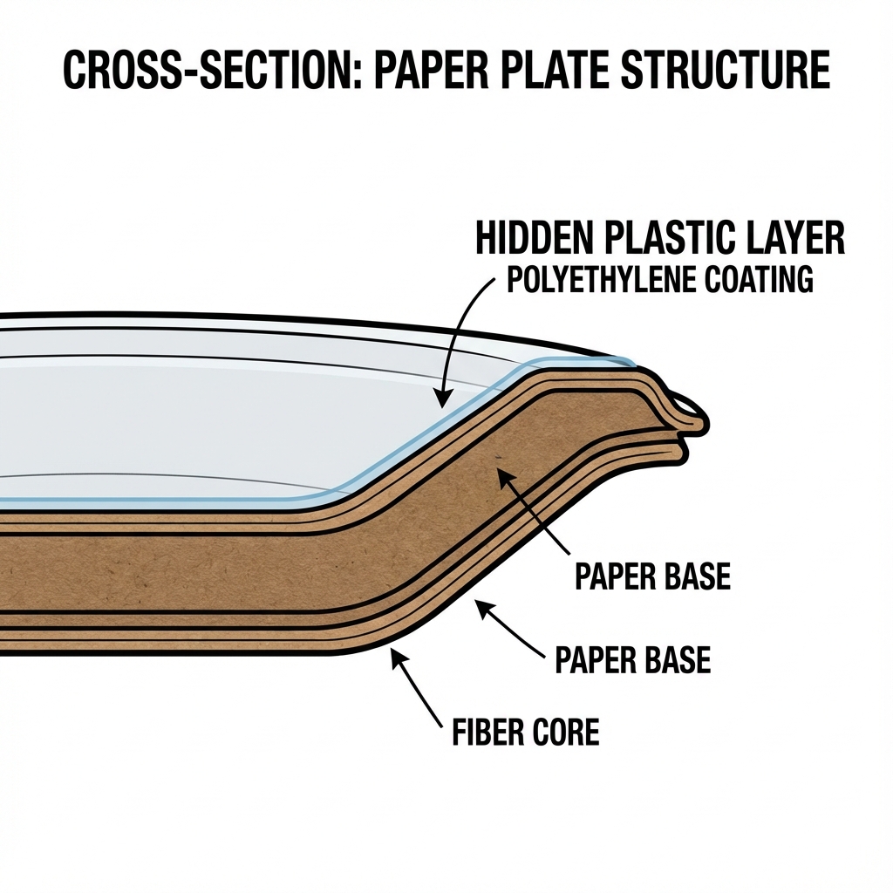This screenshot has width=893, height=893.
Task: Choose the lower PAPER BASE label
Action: tap(632, 659)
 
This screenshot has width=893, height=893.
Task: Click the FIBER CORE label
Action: tap(526, 732)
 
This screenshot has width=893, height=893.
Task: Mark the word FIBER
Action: tap(488, 732)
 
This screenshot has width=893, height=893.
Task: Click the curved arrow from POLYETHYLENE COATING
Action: tap(462, 331)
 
